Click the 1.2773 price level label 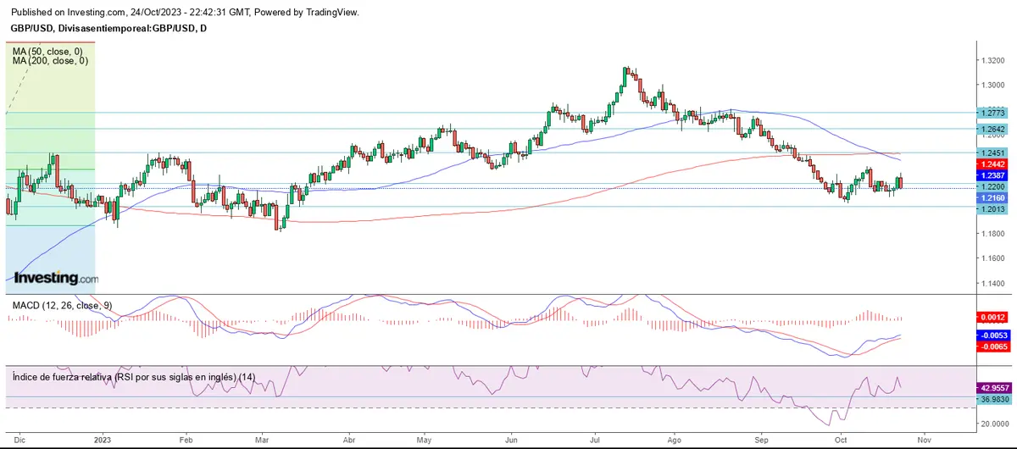click(x=991, y=113)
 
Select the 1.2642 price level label click(x=991, y=130)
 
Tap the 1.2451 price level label click(x=991, y=153)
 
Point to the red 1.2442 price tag click(x=991, y=164)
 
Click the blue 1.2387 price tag click(x=991, y=175)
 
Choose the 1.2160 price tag click(x=991, y=196)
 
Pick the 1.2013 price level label click(x=991, y=208)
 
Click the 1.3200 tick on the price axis click(x=992, y=60)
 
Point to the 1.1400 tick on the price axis click(x=992, y=282)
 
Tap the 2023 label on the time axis click(x=103, y=440)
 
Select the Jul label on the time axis click(x=596, y=440)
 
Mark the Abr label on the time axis click(x=349, y=440)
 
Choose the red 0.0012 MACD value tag click(x=991, y=317)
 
